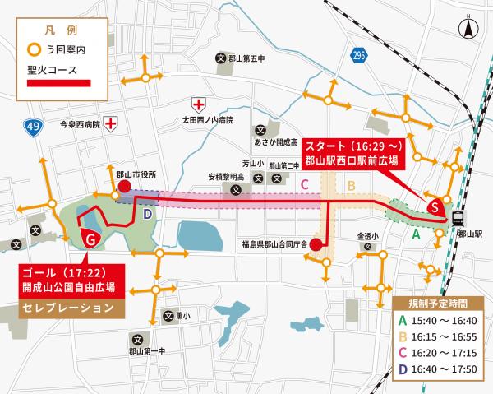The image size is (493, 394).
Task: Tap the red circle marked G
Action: (92, 240)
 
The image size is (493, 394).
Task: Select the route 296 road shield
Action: (358, 55)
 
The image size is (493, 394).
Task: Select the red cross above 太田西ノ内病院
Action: (197, 104)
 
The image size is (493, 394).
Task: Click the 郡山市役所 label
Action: (136, 174)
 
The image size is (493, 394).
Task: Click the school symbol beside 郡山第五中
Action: (220, 58)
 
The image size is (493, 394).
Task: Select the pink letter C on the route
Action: (304, 184)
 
